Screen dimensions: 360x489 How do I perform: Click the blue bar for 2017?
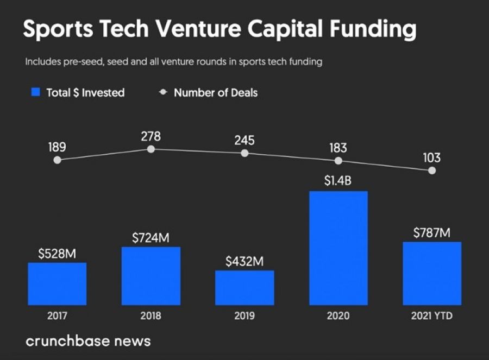[x=57, y=284]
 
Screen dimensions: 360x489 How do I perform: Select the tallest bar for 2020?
[x=338, y=248]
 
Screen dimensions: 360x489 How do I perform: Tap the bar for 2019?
[x=244, y=288]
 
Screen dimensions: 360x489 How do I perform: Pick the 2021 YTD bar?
[x=432, y=274]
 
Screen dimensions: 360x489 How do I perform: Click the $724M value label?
[x=151, y=238]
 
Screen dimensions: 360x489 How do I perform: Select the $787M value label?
[x=432, y=232]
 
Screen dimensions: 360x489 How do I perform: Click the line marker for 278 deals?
[x=151, y=149]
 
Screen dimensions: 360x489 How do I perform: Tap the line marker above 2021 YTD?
[x=432, y=170]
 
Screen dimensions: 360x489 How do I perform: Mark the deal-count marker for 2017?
[x=58, y=160]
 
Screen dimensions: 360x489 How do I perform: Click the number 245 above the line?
[x=244, y=141]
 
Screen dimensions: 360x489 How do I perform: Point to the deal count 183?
[x=338, y=148]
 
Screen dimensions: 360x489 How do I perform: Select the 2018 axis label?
[x=151, y=315]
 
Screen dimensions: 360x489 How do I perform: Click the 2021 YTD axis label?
[x=432, y=315]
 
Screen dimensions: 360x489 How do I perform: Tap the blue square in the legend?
[x=36, y=92]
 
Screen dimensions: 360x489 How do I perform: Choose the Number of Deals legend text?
[x=216, y=93]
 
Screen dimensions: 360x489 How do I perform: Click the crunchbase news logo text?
[x=88, y=342]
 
